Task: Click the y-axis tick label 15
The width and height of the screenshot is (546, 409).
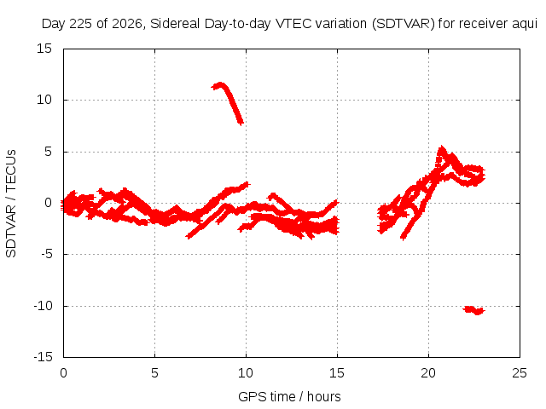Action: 44,49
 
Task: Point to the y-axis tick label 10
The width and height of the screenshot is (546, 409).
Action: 44,100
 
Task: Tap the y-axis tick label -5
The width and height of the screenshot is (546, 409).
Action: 47,254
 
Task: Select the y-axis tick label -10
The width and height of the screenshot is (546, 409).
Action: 44,306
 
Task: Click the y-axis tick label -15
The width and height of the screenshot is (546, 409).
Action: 44,357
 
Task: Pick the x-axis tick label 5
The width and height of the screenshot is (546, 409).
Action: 154,373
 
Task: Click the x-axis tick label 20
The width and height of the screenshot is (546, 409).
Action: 428,373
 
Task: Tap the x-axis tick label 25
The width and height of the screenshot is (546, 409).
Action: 520,373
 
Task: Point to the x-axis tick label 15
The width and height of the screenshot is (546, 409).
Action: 337,373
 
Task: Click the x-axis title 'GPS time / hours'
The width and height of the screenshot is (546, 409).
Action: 289,396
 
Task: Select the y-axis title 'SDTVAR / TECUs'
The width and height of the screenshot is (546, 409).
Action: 11,204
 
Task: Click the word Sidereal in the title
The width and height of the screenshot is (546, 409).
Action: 175,24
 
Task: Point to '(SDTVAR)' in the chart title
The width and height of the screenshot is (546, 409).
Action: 404,24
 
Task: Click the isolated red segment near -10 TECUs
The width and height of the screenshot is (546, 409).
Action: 474,310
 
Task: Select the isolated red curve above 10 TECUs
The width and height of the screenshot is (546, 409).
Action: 228,103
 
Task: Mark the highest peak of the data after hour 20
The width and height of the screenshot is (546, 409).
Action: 442,147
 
